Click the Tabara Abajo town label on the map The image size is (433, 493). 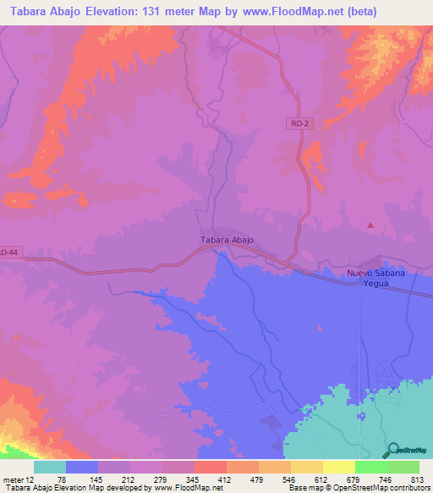click(227, 240)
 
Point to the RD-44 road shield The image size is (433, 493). click(8, 252)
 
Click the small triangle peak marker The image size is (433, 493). click(370, 225)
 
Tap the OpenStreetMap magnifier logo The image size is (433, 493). click(395, 450)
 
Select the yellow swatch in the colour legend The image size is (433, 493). click(338, 467)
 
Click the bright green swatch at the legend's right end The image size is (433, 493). click(403, 467)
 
